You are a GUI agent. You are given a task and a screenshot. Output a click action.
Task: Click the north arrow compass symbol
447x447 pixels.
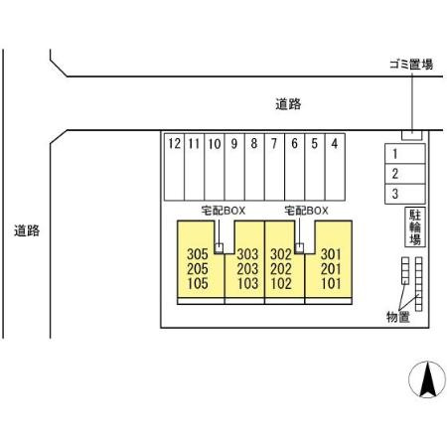(x=427, y=379)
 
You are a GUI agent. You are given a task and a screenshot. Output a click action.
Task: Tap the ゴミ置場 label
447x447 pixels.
(x=411, y=65)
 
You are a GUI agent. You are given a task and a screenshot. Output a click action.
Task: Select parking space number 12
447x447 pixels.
(x=174, y=167)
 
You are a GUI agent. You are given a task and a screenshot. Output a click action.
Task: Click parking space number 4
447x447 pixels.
(x=335, y=167)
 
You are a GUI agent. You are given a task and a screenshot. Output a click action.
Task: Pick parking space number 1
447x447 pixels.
(x=405, y=154)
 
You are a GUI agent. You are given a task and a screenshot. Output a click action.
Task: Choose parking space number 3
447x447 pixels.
(x=405, y=194)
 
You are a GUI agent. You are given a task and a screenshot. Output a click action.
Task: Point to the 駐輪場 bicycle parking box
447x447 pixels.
(x=415, y=226)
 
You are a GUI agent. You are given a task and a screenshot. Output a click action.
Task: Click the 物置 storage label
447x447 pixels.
(x=398, y=317)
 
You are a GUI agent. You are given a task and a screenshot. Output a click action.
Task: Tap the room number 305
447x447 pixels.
(x=198, y=254)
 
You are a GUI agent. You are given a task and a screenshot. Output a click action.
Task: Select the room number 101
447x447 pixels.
(x=331, y=283)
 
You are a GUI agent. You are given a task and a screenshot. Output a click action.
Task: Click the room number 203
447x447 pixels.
(x=247, y=269)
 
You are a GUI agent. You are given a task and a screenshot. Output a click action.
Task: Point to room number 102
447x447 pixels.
(x=281, y=283)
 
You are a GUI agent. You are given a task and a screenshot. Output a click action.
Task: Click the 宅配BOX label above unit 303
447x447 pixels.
(x=223, y=211)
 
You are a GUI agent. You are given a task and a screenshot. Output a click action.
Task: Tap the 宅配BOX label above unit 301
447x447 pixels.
(x=306, y=211)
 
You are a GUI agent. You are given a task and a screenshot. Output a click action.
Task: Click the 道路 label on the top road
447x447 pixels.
(x=288, y=104)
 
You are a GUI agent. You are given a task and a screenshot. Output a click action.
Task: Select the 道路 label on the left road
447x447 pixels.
(x=27, y=230)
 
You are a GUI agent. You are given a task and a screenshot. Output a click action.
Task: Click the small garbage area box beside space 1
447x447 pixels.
(x=412, y=135)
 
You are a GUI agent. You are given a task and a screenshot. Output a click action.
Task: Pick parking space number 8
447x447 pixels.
(x=254, y=167)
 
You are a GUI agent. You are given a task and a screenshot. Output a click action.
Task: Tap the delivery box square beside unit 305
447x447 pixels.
(x=219, y=248)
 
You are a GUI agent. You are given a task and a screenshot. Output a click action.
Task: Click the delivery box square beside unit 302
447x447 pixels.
(x=299, y=248)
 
